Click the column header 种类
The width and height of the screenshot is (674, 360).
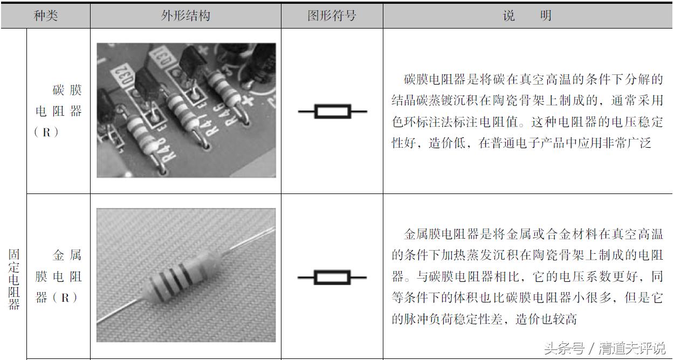coord(45,16)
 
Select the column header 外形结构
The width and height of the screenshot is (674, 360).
coord(185,16)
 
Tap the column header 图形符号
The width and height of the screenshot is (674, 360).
coord(332,16)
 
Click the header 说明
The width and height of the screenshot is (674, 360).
coord(527,16)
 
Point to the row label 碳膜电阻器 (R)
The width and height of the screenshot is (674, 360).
coord(58,111)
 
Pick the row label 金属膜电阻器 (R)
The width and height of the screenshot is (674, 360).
coord(58,276)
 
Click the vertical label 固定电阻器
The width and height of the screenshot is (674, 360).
coord(13,279)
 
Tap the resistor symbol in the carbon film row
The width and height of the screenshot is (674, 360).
coord(332,112)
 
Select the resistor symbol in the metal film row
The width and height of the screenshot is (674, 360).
coord(332,278)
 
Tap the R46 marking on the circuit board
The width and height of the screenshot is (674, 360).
coord(233,115)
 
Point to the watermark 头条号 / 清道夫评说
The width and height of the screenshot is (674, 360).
coord(604,348)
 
